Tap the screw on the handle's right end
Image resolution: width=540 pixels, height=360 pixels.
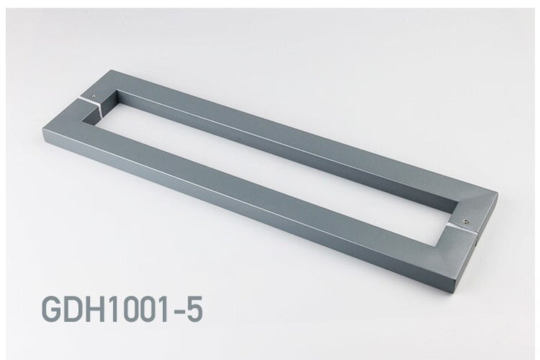pyautogui.click(x=466, y=222)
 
